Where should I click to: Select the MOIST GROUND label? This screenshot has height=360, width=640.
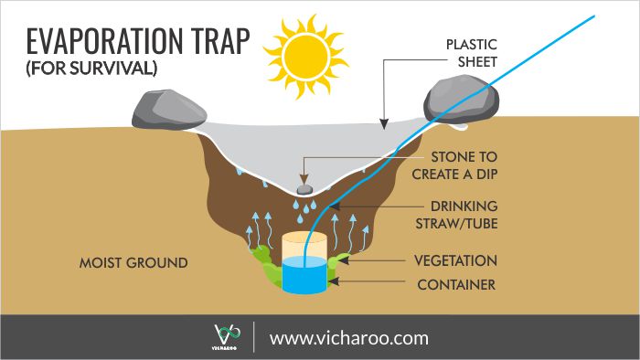[133, 263]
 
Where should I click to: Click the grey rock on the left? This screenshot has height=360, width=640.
[165, 109]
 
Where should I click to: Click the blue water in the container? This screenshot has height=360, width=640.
[304, 274]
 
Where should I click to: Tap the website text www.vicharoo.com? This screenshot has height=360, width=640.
[349, 337]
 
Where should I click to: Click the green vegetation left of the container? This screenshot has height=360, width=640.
[265, 266]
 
